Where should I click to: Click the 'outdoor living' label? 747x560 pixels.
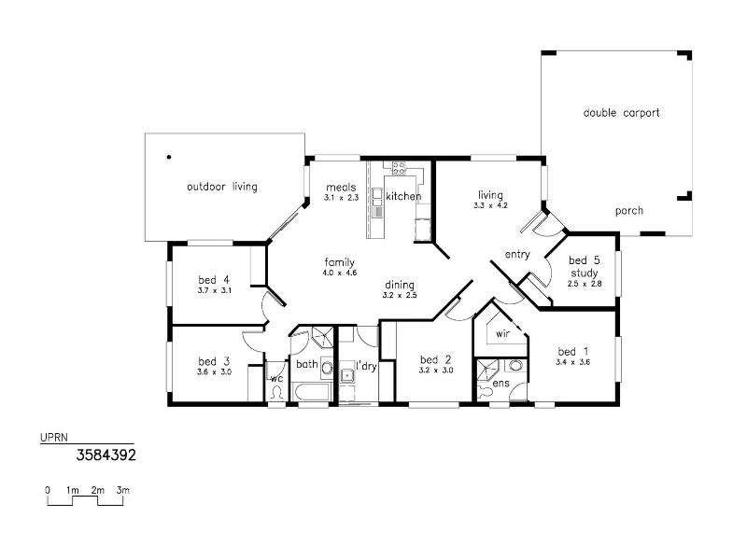pyautogui.click(x=222, y=187)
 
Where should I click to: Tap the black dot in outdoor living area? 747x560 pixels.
pyautogui.click(x=169, y=157)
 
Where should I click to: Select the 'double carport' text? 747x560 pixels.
pyautogui.click(x=621, y=113)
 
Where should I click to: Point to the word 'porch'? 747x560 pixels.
pyautogui.click(x=628, y=211)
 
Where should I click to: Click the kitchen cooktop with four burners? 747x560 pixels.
pyautogui.click(x=399, y=167)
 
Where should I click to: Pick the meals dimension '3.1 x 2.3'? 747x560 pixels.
pyautogui.click(x=341, y=198)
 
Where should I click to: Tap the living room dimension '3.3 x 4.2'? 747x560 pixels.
pyautogui.click(x=490, y=205)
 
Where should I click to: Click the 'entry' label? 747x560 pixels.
pyautogui.click(x=517, y=255)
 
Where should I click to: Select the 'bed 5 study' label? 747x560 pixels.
pyautogui.click(x=585, y=267)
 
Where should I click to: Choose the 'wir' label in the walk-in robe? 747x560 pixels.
pyautogui.click(x=502, y=334)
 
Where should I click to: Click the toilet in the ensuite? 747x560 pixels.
pyautogui.click(x=485, y=391)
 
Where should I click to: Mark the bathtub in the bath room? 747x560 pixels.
pyautogui.click(x=313, y=392)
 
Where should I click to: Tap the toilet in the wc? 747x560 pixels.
pyautogui.click(x=276, y=393)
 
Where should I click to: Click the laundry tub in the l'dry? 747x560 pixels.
pyautogui.click(x=347, y=376)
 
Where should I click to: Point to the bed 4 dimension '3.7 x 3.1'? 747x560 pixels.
pyautogui.click(x=215, y=290)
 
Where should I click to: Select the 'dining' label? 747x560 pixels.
pyautogui.click(x=400, y=285)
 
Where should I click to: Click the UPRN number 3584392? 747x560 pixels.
pyautogui.click(x=106, y=455)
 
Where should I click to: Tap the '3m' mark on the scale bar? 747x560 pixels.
pyautogui.click(x=123, y=490)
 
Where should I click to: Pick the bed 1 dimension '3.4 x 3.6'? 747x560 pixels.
pyautogui.click(x=572, y=362)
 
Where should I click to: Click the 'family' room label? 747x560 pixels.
pyautogui.click(x=340, y=262)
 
